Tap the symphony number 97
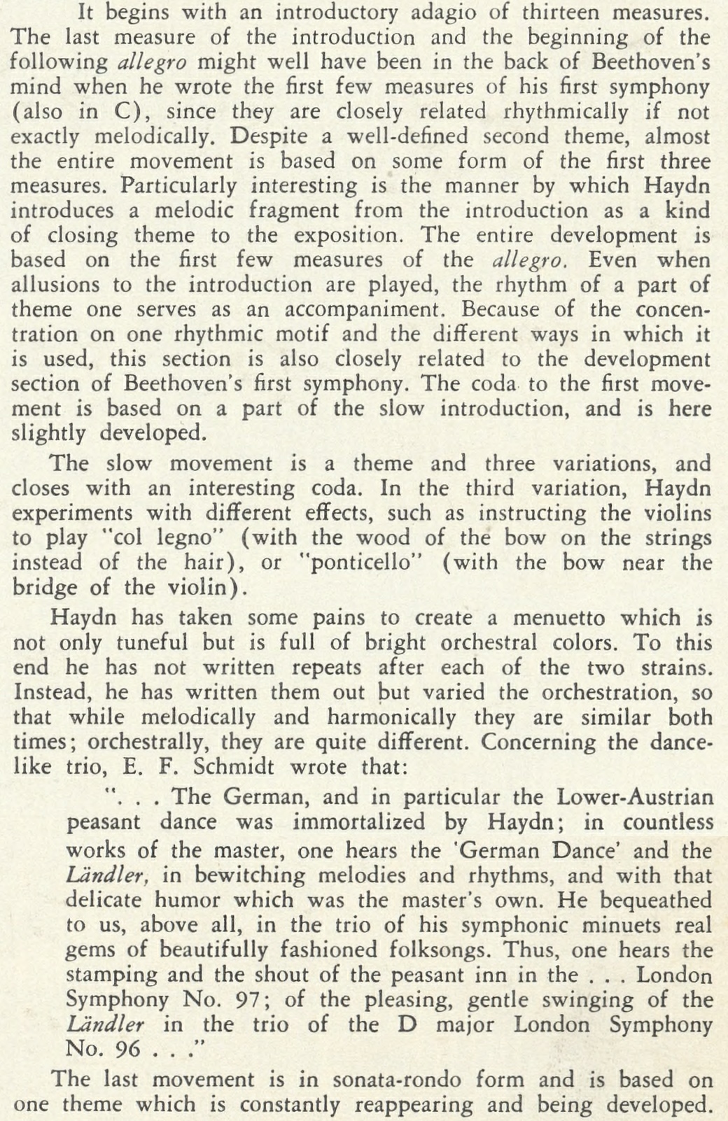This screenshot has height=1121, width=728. coord(247,1000)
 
